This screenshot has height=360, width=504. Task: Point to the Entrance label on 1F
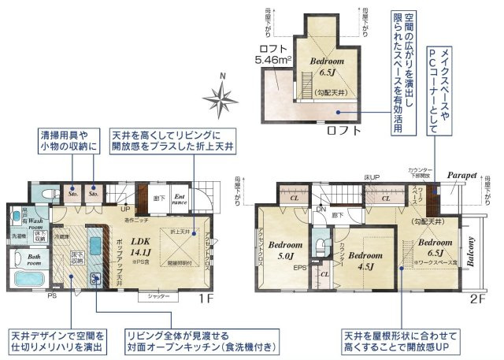click(180, 199)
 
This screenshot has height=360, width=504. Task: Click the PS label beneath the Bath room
click(51, 298)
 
